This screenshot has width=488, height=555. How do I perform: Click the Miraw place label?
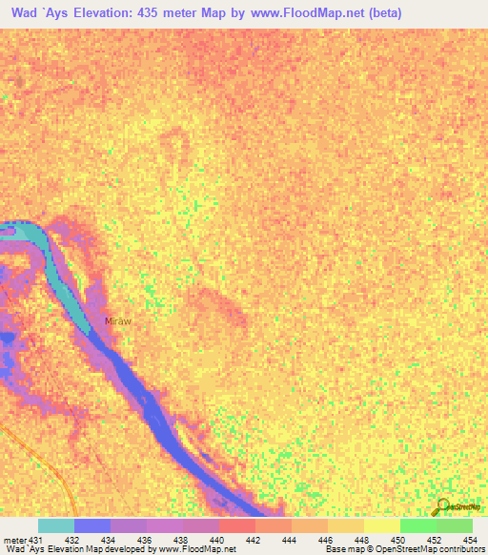pyautogui.click(x=117, y=321)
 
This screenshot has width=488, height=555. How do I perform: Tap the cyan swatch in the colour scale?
pyautogui.click(x=56, y=525)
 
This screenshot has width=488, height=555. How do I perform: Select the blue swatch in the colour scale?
pyautogui.click(x=92, y=525)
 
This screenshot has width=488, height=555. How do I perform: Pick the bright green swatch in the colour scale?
pyautogui.click(x=417, y=525)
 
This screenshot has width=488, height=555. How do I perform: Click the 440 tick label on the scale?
pyautogui.click(x=219, y=540)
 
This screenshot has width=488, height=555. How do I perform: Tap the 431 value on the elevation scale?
pyautogui.click(x=36, y=540)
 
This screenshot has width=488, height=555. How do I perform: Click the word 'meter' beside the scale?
pyautogui.click(x=14, y=540)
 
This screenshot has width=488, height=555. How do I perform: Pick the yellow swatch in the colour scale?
pyautogui.click(x=381, y=525)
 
